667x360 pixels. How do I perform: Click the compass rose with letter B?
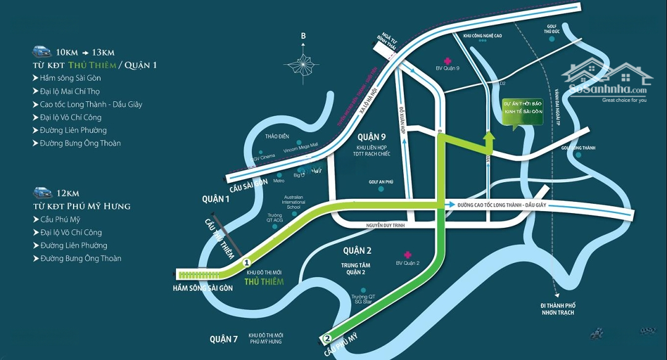click(x=303, y=62)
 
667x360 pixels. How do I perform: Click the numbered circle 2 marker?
click(x=328, y=338)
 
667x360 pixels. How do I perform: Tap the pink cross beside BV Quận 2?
click(x=407, y=254)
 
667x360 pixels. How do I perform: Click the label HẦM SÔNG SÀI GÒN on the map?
click(x=203, y=288)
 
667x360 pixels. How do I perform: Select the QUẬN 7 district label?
click(x=223, y=339)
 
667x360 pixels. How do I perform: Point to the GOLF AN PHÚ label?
click(x=381, y=182)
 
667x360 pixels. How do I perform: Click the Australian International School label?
click(x=293, y=202)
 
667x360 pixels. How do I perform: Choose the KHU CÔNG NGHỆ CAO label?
click(x=482, y=36)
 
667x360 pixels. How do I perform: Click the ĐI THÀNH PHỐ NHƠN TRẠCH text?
click(x=557, y=309)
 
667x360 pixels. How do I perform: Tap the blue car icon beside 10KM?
click(x=42, y=51)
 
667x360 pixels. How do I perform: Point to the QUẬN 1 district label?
click(x=216, y=199)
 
